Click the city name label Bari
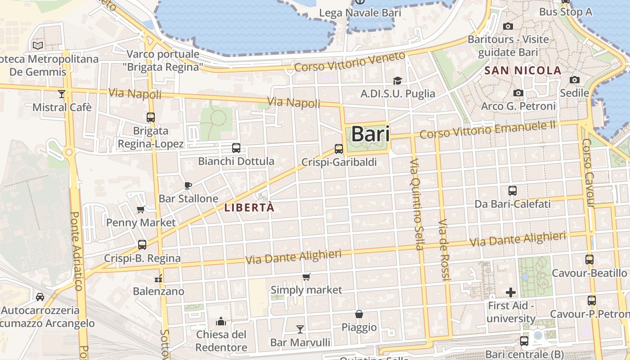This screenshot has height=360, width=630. pyautogui.click(x=370, y=134)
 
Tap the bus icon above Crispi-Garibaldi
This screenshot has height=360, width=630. pyautogui.click(x=339, y=148)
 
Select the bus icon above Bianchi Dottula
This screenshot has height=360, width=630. pyautogui.click(x=236, y=148)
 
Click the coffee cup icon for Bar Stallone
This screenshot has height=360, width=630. pyautogui.click(x=188, y=185)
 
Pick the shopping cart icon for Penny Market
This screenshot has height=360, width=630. pyautogui.click(x=141, y=209)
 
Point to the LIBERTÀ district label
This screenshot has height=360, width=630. pyautogui.click(x=249, y=207)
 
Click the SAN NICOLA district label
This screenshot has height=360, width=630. pyautogui.click(x=523, y=71)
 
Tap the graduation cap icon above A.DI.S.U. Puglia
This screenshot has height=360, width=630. pyautogui.click(x=397, y=81)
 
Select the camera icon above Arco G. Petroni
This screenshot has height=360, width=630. pyautogui.click(x=518, y=93)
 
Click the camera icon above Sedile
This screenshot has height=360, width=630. pyautogui.click(x=574, y=80)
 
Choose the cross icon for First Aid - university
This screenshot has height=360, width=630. pyautogui.click(x=511, y=292)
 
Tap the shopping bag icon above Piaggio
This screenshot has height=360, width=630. pyautogui.click(x=359, y=314)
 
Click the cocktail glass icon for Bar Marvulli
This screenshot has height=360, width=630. pyautogui.click(x=300, y=329)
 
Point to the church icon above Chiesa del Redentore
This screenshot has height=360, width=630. pyautogui.click(x=221, y=321)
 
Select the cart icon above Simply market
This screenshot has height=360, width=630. pyautogui.click(x=306, y=277)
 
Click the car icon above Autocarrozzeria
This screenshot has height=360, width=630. pyautogui.click(x=40, y=297)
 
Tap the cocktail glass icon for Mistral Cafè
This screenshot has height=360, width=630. pyautogui.click(x=62, y=94)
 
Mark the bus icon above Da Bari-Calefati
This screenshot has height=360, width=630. pyautogui.click(x=512, y=191)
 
